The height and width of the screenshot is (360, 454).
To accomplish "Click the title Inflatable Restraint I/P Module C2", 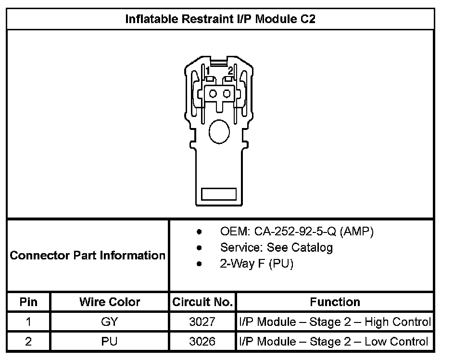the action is [220, 19].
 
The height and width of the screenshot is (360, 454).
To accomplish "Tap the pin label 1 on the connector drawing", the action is [208, 71].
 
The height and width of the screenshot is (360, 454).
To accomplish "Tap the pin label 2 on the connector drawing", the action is [230, 71].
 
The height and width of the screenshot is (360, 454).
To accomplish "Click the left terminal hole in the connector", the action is [213, 94].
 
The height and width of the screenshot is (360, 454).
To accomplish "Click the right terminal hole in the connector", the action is [227, 94].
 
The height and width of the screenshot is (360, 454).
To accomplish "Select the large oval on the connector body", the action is [219, 132].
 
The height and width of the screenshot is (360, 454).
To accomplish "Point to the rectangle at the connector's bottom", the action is [219, 194].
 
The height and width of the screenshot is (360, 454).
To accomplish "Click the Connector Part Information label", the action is [88, 256].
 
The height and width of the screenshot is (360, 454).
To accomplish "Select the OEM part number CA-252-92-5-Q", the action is [295, 231].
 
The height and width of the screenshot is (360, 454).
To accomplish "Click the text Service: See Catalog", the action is [277, 247].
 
